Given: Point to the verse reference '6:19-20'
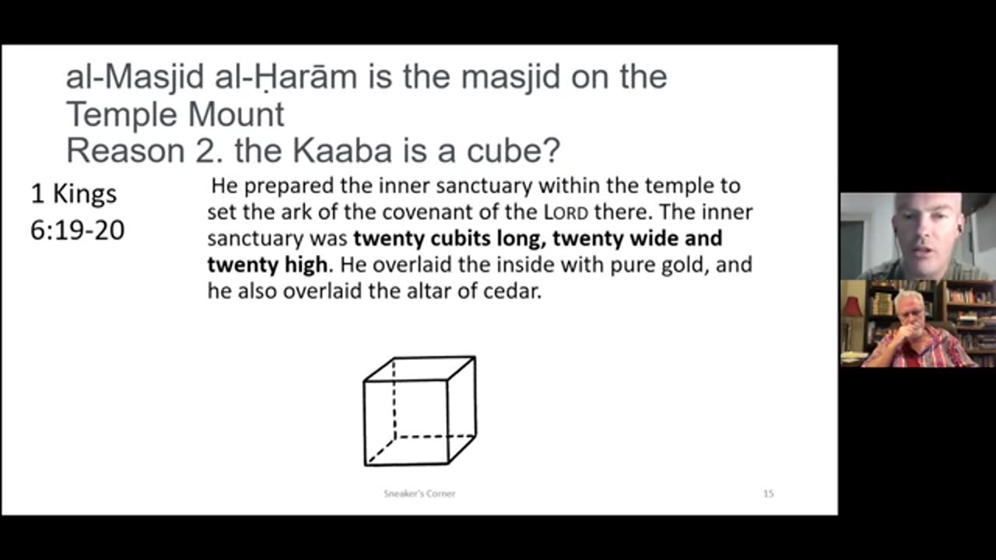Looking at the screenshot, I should point(77,230).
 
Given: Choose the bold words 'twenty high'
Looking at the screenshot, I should point(267,264).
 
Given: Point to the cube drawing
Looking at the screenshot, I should point(419,411).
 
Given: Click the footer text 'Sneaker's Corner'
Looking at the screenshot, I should point(419,493).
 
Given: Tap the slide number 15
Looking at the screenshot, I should point(768,493).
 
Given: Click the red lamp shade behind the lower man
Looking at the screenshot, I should point(852,306).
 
